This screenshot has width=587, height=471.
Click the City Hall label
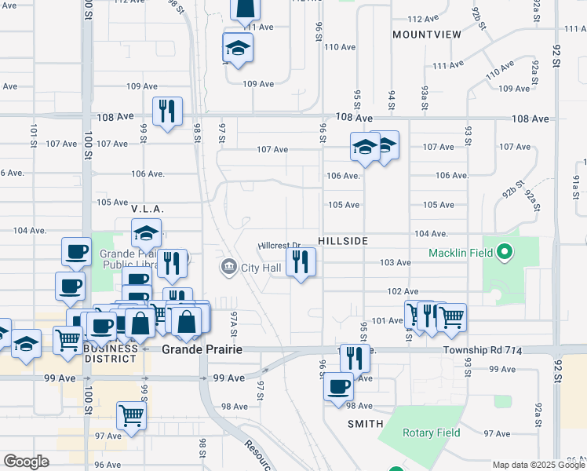(x=261, y=268)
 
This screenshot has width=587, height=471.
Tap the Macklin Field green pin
(x=505, y=253)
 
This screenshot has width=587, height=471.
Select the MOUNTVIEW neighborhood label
(x=427, y=35)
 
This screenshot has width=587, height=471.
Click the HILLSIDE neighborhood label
(x=343, y=241)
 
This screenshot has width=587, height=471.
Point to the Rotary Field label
(x=431, y=433)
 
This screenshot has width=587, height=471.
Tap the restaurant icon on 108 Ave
(x=167, y=111)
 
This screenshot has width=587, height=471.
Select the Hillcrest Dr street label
(x=280, y=246)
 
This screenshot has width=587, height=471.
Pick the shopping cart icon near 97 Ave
(x=131, y=415)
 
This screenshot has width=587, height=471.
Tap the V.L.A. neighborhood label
(x=147, y=209)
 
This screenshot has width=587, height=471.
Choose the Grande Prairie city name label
(x=202, y=349)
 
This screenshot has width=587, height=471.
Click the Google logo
(x=26, y=462)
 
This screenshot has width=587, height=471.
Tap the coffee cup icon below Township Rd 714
(x=339, y=387)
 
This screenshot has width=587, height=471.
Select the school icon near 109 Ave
(x=238, y=49)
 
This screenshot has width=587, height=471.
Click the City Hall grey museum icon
(x=228, y=268)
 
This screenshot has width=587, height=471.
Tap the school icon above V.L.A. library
(x=146, y=233)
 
